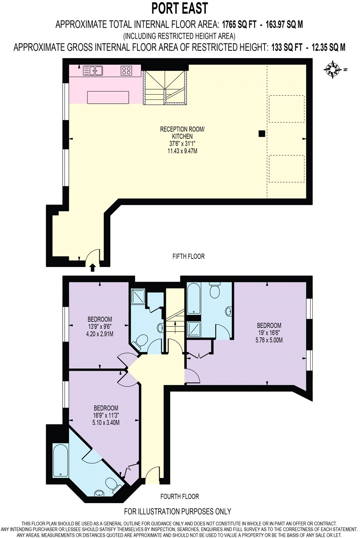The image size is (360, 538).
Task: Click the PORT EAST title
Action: (180, 8)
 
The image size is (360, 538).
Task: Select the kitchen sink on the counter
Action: (93, 70)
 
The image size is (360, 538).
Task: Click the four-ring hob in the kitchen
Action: (126, 70)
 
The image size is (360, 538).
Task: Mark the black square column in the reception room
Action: (261, 134)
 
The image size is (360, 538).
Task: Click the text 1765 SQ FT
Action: (239, 25)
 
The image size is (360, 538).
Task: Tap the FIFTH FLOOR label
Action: (189, 256)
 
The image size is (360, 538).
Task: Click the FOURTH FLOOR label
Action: (180, 497)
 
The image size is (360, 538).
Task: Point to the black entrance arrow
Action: (92, 267)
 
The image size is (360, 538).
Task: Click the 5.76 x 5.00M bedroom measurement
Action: (269, 340)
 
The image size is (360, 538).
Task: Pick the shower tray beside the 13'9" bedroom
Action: (138, 297)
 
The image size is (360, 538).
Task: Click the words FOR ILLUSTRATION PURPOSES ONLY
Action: (178, 511)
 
